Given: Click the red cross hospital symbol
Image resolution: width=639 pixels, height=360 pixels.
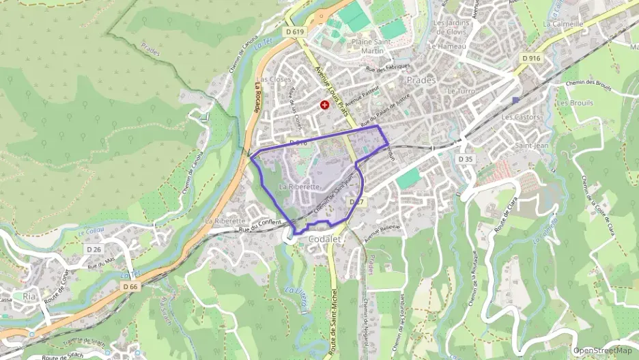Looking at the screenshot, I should pyautogui.click(x=324, y=105).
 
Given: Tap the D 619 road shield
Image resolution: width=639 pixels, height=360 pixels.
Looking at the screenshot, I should pyautogui.click(x=296, y=31).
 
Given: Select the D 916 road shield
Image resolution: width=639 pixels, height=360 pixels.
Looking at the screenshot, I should pyautogui.click(x=530, y=58).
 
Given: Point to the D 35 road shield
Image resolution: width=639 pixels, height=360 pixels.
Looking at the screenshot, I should pyautogui.click(x=466, y=158).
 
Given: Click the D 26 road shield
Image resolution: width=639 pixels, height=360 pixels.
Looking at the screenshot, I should pyautogui.click(x=94, y=250).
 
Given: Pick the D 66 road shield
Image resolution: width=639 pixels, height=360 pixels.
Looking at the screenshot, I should pyautogui.click(x=130, y=287).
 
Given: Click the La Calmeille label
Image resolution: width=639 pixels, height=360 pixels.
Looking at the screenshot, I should pyautogui.click(x=563, y=23).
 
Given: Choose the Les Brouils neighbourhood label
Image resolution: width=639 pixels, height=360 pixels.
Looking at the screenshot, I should pyautogui.click(x=574, y=103).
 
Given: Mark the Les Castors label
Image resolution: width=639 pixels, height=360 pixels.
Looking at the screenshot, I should pyautogui.click(x=520, y=117).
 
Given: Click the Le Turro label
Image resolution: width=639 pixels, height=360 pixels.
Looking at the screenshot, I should pyautogui.click(x=461, y=90).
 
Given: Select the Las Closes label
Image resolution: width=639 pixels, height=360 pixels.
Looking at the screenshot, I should pyautogui.click(x=274, y=79).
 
